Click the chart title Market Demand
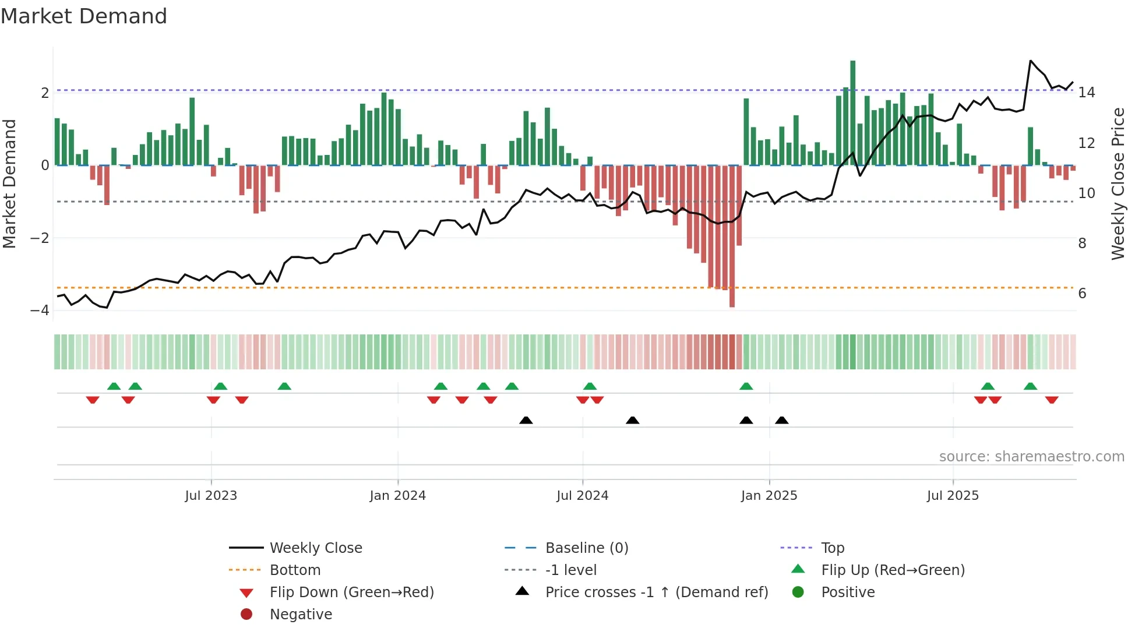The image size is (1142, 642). (x=84, y=16)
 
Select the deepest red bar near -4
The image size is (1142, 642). (x=732, y=236)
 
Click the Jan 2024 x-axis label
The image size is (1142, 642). (x=397, y=496)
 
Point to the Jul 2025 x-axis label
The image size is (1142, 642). (x=953, y=496)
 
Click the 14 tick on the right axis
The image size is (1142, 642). (x=1087, y=93)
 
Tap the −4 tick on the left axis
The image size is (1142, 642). (x=40, y=311)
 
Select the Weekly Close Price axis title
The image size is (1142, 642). (x=1118, y=184)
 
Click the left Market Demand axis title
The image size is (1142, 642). (x=10, y=184)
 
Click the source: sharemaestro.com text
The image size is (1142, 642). (x=1031, y=457)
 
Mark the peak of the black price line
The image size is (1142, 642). (x=1031, y=61)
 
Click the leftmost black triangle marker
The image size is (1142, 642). (x=526, y=420)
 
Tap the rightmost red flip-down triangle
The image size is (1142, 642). (x=1052, y=400)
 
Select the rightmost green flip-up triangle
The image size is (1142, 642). (x=1030, y=386)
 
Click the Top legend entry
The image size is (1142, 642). (x=832, y=548)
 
